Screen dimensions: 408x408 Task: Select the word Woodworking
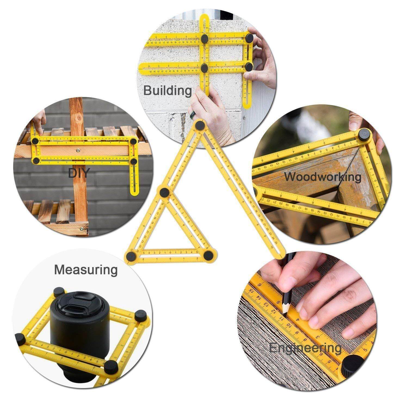(323, 177)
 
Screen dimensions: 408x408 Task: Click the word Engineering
(305, 348)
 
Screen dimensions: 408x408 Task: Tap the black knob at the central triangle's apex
(200, 125)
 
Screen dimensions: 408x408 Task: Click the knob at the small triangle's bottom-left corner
(132, 255)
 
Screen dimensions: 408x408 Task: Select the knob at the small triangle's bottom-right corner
(208, 255)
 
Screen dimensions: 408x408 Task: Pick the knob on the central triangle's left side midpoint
(164, 193)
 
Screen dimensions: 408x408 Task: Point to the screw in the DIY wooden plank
(78, 149)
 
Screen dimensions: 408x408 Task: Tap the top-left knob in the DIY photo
(35, 141)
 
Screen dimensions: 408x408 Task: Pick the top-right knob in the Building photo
(249, 37)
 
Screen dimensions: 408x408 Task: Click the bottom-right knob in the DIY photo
(134, 161)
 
